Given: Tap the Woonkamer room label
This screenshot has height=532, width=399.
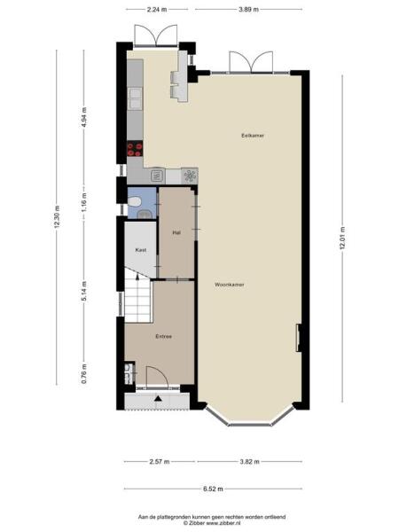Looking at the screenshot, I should [229, 285].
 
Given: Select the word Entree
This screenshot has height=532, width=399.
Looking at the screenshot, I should [163, 336].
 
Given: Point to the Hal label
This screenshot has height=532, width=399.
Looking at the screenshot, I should [176, 232].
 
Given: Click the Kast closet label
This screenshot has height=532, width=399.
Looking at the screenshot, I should [140, 251].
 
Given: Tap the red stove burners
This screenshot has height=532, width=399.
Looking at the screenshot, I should [136, 150].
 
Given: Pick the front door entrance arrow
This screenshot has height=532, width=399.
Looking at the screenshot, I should [158, 400].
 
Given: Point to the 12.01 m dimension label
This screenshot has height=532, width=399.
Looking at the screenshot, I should [341, 239].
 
